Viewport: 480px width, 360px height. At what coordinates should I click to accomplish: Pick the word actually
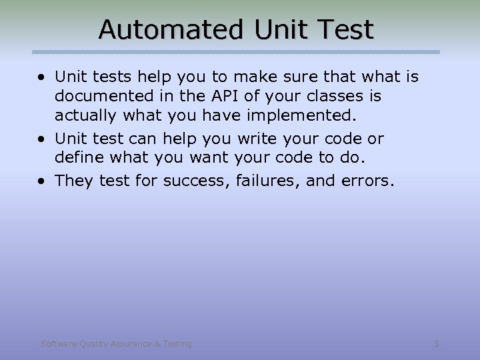[83, 116]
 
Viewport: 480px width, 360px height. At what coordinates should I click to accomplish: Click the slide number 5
[437, 343]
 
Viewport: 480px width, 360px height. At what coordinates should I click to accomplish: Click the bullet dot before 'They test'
[43, 181]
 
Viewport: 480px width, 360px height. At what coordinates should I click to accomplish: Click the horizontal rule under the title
[237, 51]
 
